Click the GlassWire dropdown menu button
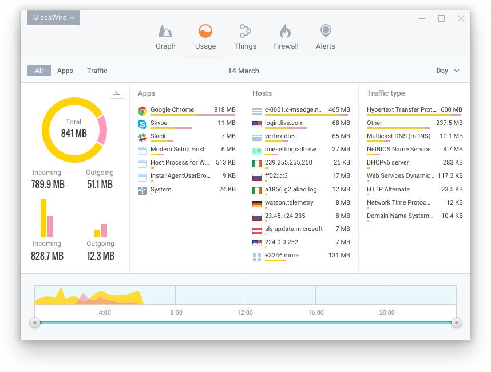[x=54, y=18]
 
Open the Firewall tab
[x=285, y=37]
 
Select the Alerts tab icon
[x=325, y=30]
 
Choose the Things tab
[x=245, y=37]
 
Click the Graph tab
[x=165, y=37]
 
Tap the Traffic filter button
[x=97, y=71]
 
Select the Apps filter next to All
[x=65, y=71]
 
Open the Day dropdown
[x=448, y=71]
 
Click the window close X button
[x=461, y=18]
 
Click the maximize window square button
[x=441, y=18]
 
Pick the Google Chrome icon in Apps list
[x=142, y=110]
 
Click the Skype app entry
[x=159, y=123]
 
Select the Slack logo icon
[x=142, y=137]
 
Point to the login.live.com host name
[x=284, y=123]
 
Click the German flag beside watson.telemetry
[x=257, y=203]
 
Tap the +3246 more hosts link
[x=282, y=256]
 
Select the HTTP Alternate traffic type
[x=388, y=190]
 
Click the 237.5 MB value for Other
[x=449, y=123]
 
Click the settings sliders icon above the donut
[x=117, y=93]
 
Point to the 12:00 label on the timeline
[x=245, y=312]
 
